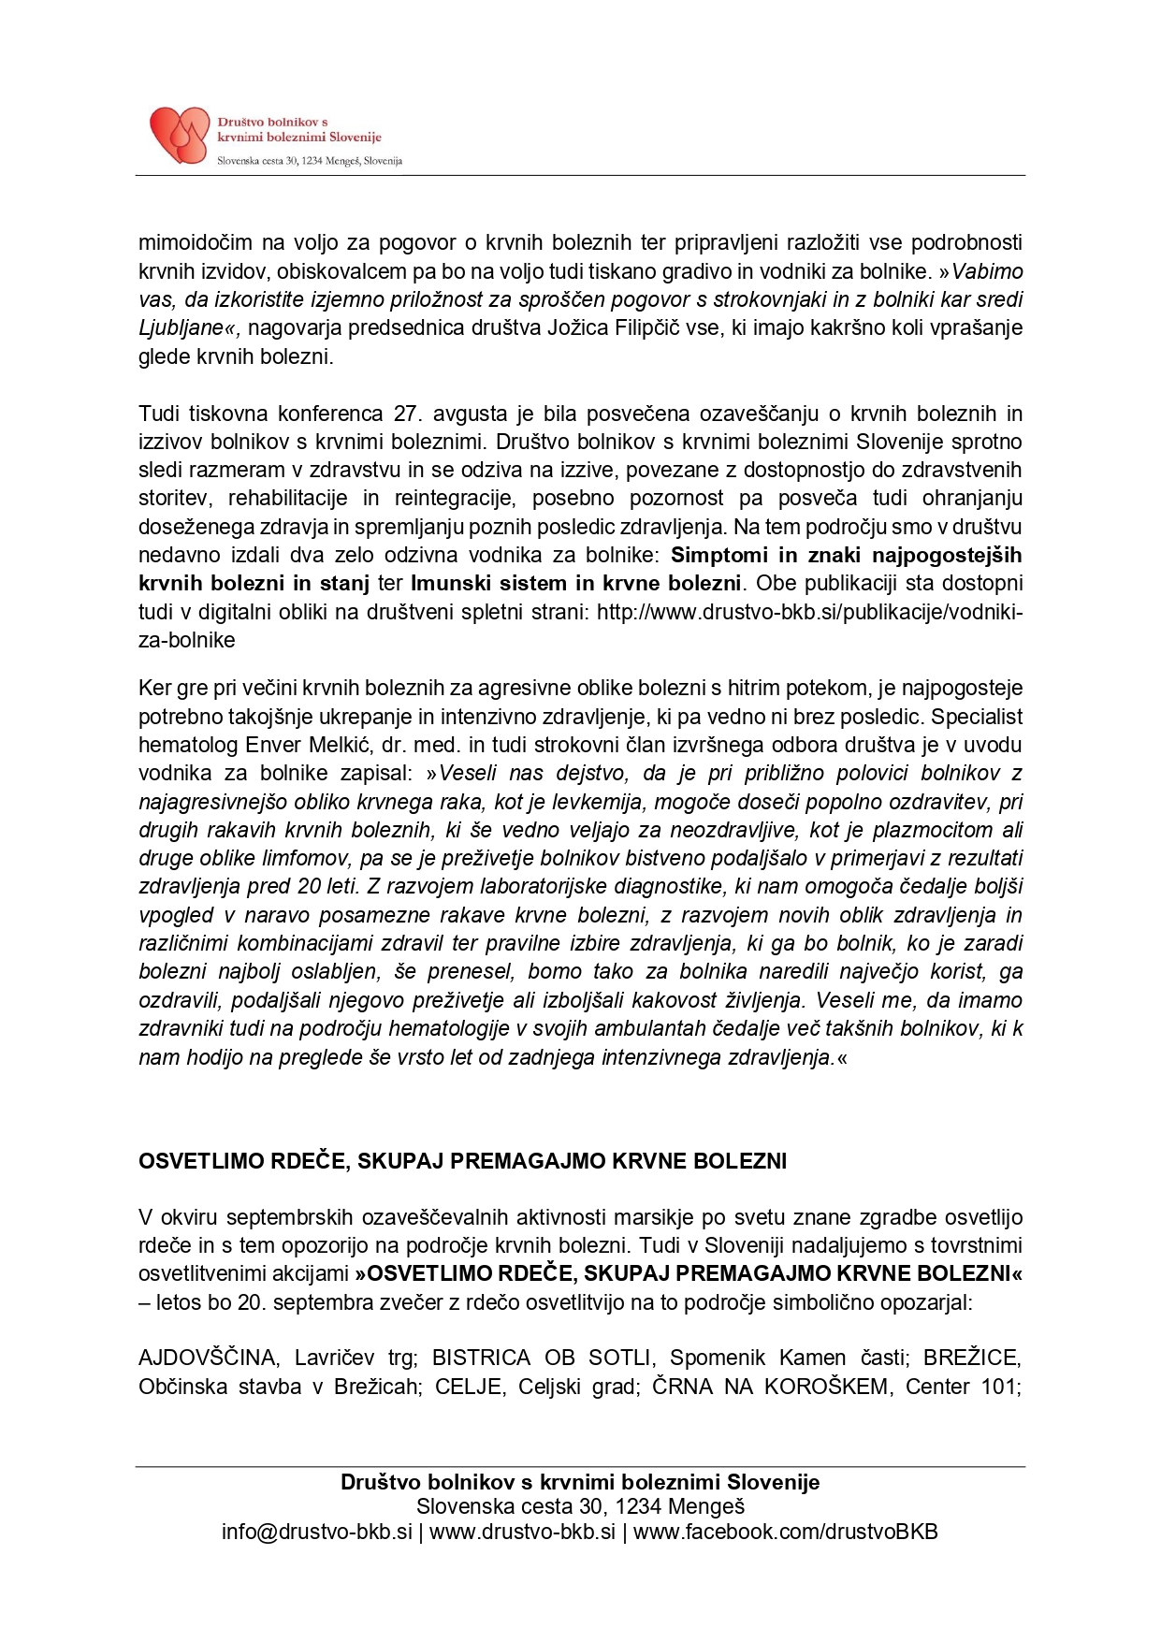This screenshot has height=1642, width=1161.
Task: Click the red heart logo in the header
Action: tap(180, 135)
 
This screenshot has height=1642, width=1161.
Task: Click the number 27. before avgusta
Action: tap(405, 413)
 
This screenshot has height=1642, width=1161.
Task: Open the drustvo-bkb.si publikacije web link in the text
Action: tap(809, 612)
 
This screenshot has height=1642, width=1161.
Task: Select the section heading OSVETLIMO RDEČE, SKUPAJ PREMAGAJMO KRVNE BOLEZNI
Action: tap(462, 1161)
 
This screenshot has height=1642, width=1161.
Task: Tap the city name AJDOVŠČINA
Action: tap(208, 1358)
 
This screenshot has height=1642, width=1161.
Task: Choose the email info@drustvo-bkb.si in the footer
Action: tap(316, 1532)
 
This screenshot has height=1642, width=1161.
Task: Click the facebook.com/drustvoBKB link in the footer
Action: tap(785, 1532)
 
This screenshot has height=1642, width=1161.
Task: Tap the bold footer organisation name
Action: tap(580, 1482)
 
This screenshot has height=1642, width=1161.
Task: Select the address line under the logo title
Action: tap(310, 161)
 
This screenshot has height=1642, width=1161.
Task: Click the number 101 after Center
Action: tap(998, 1386)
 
